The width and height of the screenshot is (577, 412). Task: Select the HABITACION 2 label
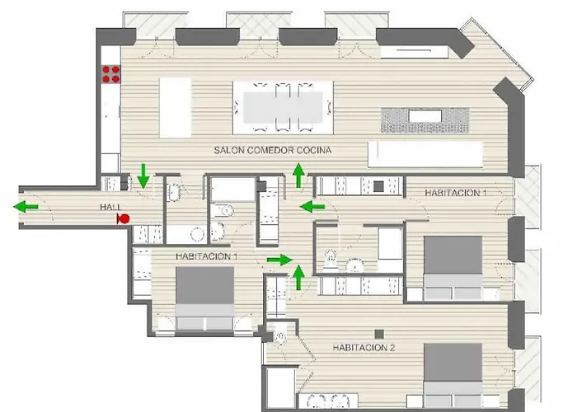pos(364,348)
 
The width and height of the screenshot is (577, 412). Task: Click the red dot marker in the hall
pos(124,218)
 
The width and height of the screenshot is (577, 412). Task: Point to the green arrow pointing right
pos(279,260)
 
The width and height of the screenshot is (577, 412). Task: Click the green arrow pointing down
pos(143,175)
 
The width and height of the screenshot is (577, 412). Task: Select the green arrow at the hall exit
pos(28,206)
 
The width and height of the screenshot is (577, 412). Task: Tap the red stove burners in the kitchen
pos(110,74)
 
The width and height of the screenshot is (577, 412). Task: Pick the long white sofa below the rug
pos(425,153)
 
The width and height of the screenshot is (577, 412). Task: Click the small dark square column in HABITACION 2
pos(378,333)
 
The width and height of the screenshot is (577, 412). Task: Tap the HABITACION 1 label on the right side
pos(456,192)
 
